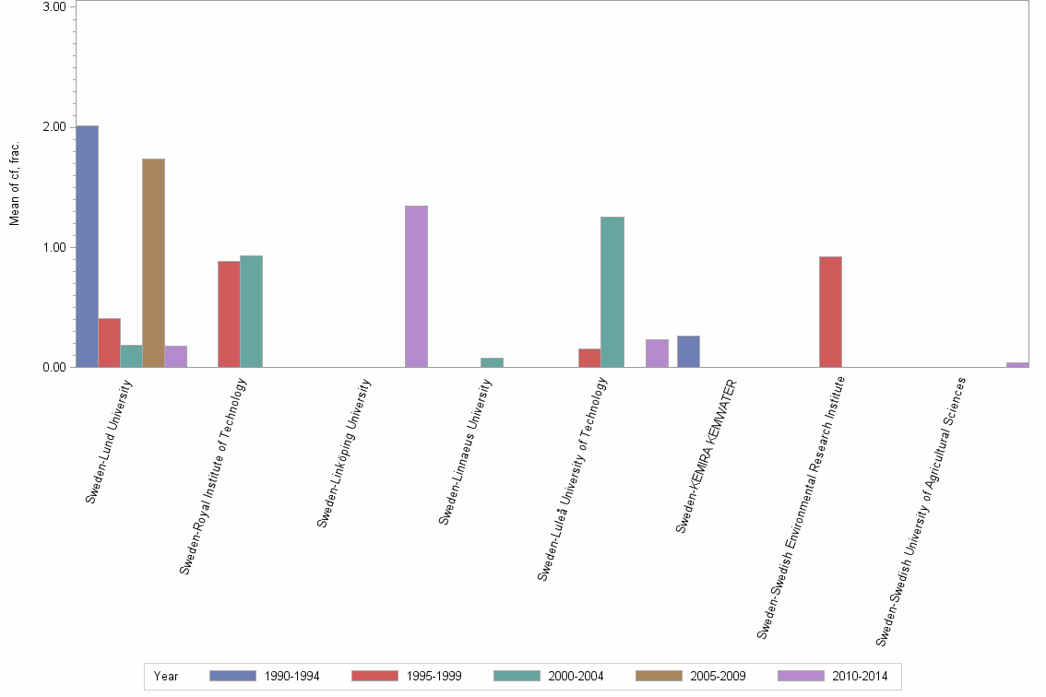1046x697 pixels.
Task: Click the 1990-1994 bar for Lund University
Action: pos(88,246)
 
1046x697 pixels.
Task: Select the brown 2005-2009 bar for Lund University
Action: pos(153,263)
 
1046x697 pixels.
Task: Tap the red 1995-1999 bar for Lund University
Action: pos(110,342)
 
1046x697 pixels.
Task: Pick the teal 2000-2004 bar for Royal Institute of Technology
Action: pos(252,311)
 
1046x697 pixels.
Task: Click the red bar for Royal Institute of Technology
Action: pos(229,313)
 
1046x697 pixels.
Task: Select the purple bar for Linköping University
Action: pos(416,286)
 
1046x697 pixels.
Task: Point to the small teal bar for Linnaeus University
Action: pos(492,362)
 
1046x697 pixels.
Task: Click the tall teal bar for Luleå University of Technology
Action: pos(612,291)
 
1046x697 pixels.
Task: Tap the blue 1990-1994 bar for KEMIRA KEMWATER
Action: pos(688,351)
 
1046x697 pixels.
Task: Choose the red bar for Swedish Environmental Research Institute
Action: pos(830,312)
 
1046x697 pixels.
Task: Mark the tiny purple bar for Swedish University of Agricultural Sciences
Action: pos(1017,365)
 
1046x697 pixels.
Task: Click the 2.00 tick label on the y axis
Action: pos(54,127)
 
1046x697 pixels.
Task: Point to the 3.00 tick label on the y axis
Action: pos(54,7)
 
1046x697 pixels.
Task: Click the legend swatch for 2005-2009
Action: pos(659,676)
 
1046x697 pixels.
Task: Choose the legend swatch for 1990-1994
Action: pos(232,676)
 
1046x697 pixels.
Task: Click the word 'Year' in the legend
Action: pos(166,676)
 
